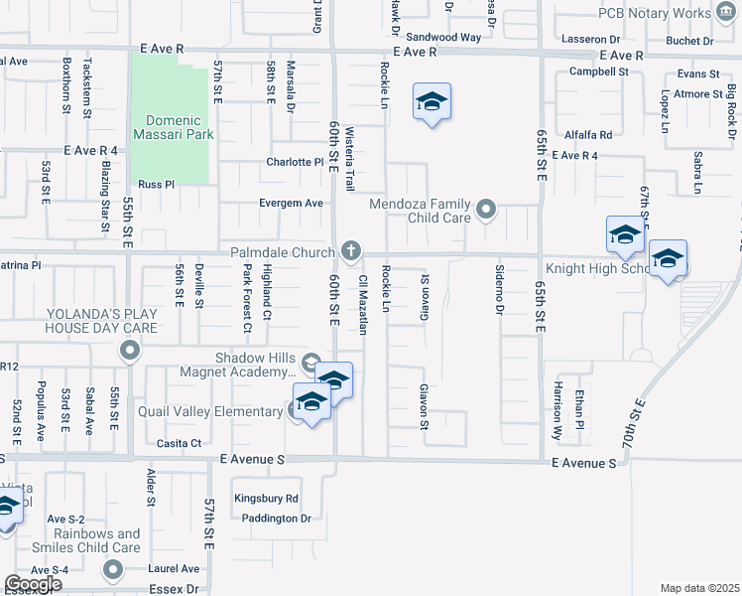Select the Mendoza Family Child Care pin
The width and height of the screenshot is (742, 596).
click(x=485, y=210)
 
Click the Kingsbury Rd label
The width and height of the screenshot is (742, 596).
click(x=266, y=499)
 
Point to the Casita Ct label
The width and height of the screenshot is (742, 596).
click(x=180, y=443)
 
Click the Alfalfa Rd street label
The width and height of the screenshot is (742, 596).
click(x=588, y=133)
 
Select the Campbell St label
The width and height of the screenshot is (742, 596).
click(x=599, y=72)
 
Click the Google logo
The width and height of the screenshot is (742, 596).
click(x=34, y=584)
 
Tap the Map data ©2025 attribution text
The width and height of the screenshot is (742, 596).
click(x=699, y=588)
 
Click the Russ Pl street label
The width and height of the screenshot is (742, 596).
click(x=156, y=184)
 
